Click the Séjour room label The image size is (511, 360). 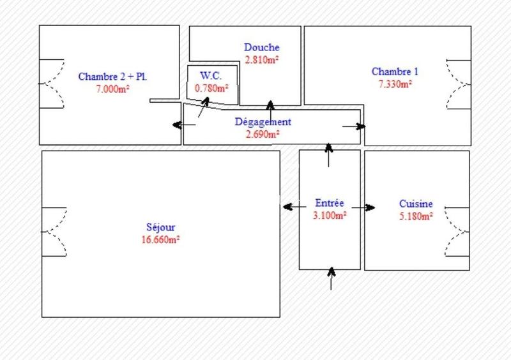click(x=160, y=227)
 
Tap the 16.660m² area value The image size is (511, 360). click(x=160, y=239)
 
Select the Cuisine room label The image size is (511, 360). click(x=416, y=204)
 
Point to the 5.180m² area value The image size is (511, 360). click(x=416, y=216)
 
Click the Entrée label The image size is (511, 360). click(x=330, y=203)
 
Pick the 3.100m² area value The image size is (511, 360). click(x=330, y=216)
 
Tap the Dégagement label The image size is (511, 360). click(x=263, y=122)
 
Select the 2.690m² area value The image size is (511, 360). click(x=263, y=134)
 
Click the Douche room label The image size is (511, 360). click(x=262, y=47)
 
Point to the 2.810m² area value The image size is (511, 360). click(x=262, y=60)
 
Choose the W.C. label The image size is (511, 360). click(x=210, y=76)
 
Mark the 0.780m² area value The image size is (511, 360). click(x=211, y=88)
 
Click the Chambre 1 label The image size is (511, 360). click(x=395, y=71)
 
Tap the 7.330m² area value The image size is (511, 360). click(x=395, y=84)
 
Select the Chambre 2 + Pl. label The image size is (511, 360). click(x=113, y=77)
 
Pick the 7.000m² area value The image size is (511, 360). click(x=113, y=89)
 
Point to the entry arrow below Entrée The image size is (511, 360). click(x=331, y=278)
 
